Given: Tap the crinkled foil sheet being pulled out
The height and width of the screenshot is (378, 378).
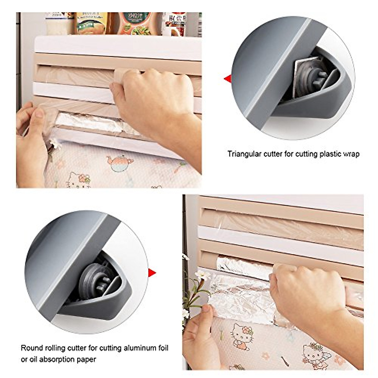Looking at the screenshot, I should [x=239, y=296].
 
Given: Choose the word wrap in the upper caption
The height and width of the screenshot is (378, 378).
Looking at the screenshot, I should [x=351, y=154].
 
